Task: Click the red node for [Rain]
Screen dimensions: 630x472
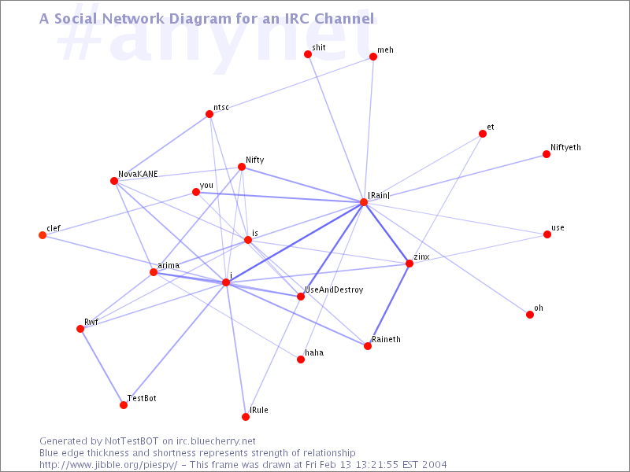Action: (x=364, y=202)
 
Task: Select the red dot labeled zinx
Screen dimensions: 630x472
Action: (x=409, y=264)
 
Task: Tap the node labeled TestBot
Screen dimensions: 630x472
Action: (x=124, y=405)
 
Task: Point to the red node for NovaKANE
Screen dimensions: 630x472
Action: (x=114, y=181)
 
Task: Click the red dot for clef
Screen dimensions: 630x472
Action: (x=43, y=235)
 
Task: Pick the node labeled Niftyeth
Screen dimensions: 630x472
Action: (x=547, y=154)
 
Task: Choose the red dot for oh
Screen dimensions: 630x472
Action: (x=530, y=315)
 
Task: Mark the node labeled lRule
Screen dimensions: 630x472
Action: (x=246, y=417)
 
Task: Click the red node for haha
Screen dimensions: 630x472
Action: (x=301, y=360)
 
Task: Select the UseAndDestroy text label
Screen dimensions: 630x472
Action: (x=334, y=289)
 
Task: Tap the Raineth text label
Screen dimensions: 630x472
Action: (x=386, y=339)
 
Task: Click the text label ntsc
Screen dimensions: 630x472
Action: (x=221, y=107)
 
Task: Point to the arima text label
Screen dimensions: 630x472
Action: (x=169, y=265)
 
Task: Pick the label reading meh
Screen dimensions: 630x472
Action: (x=385, y=50)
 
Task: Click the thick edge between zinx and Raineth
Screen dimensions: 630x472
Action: (x=388, y=304)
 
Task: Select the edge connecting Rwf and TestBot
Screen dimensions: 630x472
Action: (x=102, y=367)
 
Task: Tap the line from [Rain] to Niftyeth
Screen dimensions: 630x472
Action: (x=455, y=179)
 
